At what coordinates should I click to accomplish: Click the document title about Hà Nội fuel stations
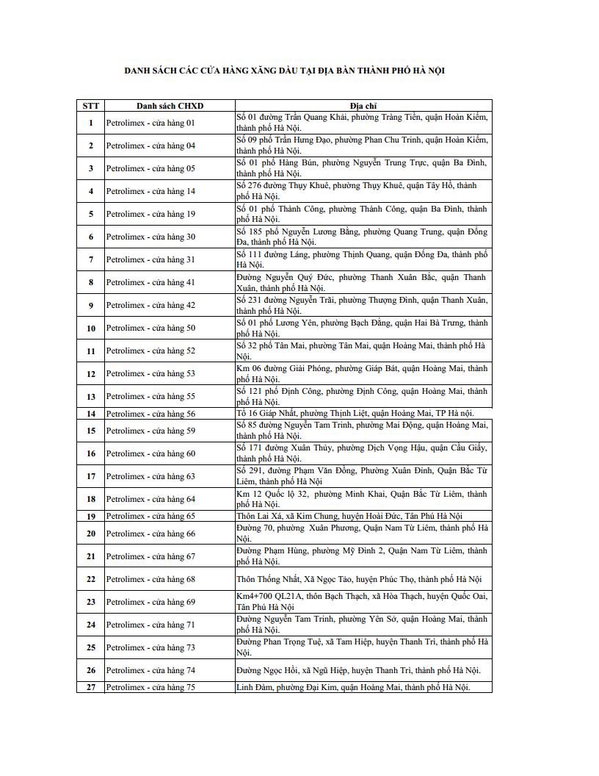(284, 71)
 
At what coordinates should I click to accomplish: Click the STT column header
(91, 106)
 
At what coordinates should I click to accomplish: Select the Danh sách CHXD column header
(170, 106)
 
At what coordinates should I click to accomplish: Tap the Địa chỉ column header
(363, 106)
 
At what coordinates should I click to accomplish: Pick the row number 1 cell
(91, 123)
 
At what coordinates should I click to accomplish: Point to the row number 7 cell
(91, 259)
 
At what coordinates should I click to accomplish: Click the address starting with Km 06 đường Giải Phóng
(362, 373)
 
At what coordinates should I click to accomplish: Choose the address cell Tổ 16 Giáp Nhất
(355, 414)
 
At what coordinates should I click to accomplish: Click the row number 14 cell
(91, 414)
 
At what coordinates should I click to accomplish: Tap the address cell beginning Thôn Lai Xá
(349, 516)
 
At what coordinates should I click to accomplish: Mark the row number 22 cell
(91, 579)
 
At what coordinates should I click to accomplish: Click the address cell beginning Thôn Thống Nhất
(359, 579)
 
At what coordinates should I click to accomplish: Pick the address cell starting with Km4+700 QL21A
(362, 602)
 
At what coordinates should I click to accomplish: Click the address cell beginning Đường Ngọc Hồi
(357, 670)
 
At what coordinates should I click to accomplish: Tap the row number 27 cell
(91, 687)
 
